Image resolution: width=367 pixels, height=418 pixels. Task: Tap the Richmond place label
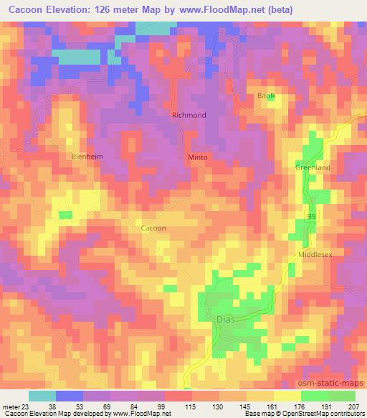[189, 115]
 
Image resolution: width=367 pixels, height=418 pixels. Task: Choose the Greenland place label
[313, 167]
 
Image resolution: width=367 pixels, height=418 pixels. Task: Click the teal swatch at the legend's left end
[42, 395]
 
